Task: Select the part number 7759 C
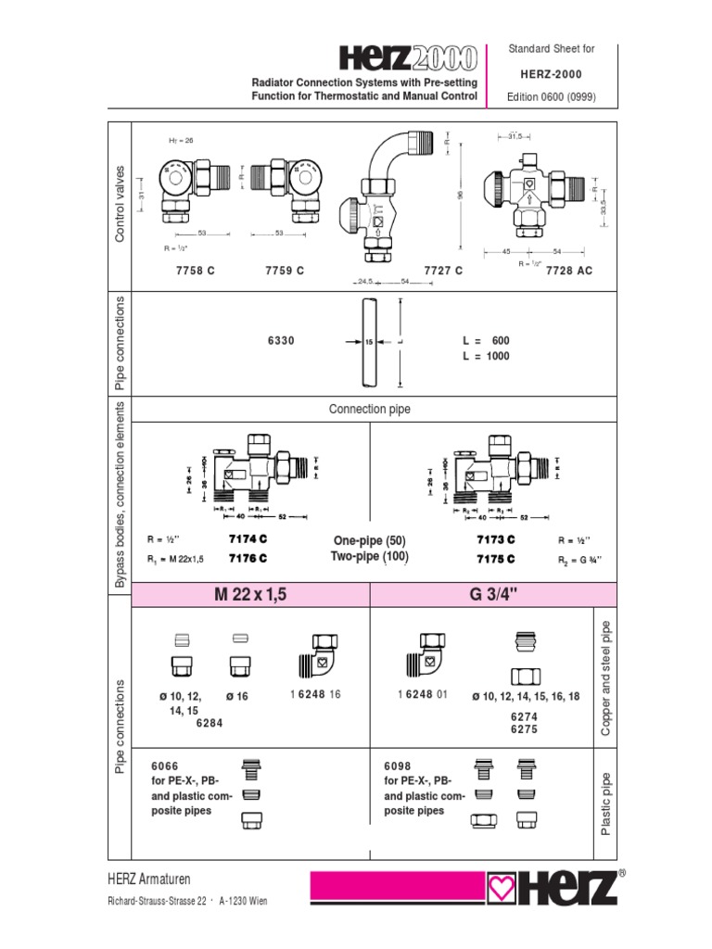pos(286,270)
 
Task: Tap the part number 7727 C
pos(442,270)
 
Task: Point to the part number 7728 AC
pos(568,270)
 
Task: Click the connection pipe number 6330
pos(281,341)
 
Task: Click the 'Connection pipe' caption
pos(370,409)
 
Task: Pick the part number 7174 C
pos(248,538)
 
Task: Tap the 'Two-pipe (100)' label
pos(370,556)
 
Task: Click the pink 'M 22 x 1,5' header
pos(251,595)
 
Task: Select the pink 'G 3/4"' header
pos(480,595)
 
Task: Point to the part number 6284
pos(210,724)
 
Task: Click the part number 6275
pos(525,729)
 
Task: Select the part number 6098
pos(397,766)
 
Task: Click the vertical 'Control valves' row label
pos(119,204)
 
